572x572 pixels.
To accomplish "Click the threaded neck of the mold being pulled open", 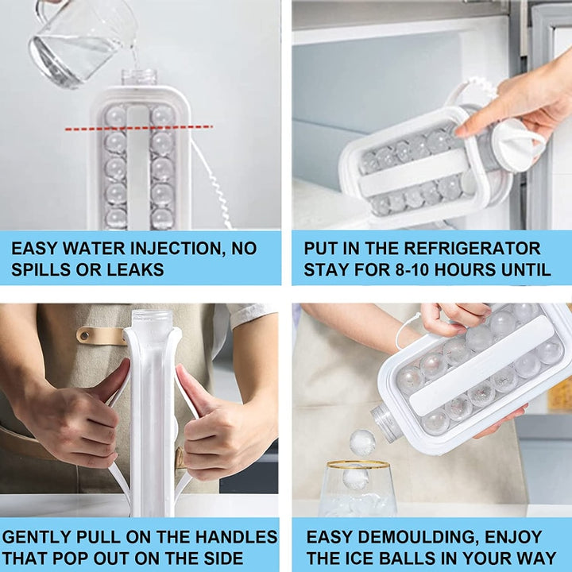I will click(x=152, y=323).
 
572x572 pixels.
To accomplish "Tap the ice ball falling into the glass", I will click(x=362, y=442).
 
